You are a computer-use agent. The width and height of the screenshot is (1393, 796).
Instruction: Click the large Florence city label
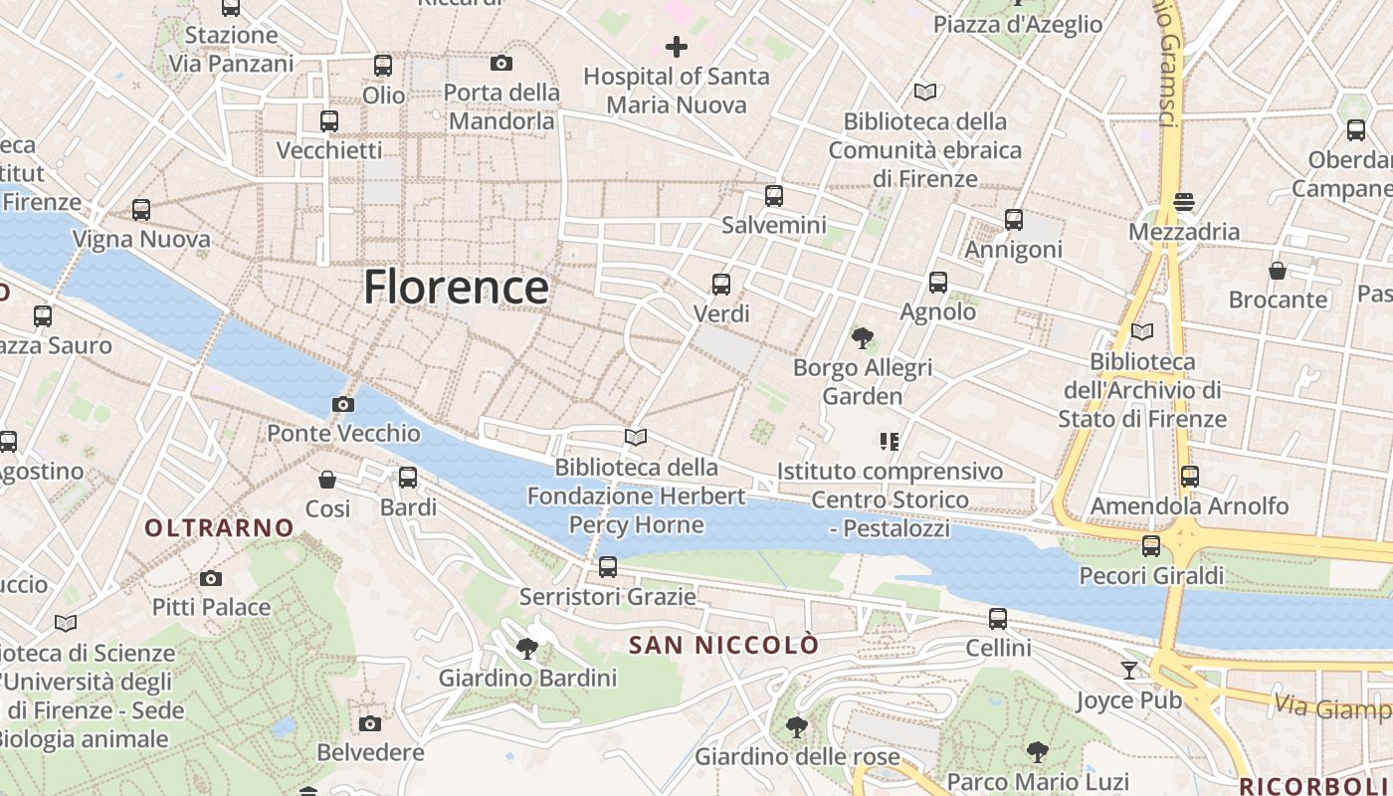click(x=456, y=288)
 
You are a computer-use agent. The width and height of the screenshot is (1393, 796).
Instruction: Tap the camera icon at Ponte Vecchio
click(x=343, y=404)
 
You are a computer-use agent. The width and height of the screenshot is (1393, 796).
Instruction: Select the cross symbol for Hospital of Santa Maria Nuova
click(x=677, y=46)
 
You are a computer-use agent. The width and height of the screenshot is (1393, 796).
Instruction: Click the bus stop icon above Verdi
click(x=721, y=285)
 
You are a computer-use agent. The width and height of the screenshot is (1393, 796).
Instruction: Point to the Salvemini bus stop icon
click(x=774, y=196)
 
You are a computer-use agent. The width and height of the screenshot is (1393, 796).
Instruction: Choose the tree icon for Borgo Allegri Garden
click(x=863, y=338)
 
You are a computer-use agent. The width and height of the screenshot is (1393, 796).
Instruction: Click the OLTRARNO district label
click(x=220, y=527)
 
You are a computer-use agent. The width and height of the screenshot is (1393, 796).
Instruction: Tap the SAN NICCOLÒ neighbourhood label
click(x=724, y=645)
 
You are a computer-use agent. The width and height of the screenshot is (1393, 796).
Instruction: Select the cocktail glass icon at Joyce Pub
click(x=1129, y=671)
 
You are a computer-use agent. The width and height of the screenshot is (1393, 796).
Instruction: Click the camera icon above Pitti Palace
click(x=211, y=578)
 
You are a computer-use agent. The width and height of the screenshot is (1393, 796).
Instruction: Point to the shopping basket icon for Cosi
click(x=327, y=480)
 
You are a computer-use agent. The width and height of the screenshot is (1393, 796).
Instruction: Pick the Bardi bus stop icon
click(x=408, y=478)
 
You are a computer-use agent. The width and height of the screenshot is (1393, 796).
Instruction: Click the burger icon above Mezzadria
click(x=1184, y=202)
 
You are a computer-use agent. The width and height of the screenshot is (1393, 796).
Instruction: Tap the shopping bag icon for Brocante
click(x=1278, y=271)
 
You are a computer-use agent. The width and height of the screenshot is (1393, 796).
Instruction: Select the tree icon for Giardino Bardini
click(x=527, y=649)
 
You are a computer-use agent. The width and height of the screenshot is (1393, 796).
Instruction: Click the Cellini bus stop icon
click(x=998, y=619)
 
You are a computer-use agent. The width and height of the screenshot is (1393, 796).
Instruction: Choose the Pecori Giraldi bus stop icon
click(x=1151, y=546)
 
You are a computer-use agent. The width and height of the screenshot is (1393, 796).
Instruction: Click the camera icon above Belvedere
click(x=370, y=723)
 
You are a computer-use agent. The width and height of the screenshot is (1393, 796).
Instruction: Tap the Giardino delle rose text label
click(x=797, y=757)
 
